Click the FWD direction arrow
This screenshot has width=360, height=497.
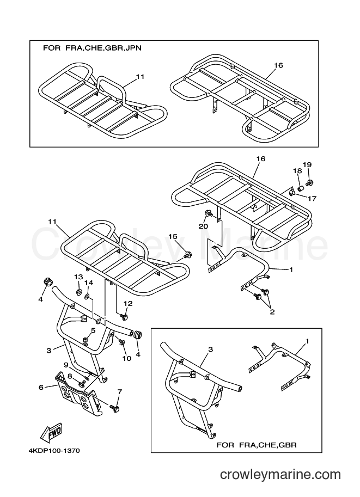pos(51,433)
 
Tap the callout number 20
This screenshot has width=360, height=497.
pos(203,226)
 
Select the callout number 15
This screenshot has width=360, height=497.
pos(173,236)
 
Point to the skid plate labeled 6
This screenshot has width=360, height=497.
pos(78,392)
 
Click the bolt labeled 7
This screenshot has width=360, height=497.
pos(114,408)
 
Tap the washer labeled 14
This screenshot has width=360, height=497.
pos(87,297)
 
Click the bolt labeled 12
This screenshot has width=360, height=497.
pos(124,316)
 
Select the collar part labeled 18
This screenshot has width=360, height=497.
pos(301,189)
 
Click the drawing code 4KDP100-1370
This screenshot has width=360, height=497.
pos(52,451)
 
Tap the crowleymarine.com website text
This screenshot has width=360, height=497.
pos(280,475)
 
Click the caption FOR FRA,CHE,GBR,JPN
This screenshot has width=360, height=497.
pos(92,48)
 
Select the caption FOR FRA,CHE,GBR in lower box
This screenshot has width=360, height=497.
pos(257,445)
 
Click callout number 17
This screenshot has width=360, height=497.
pos(312,199)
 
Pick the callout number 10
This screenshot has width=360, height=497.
pos(127,359)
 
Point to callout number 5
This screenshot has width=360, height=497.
pos(93,330)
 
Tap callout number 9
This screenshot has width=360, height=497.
pos(66,365)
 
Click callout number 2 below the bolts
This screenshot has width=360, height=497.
pos(272,312)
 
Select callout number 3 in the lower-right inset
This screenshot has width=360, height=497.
pos(210,349)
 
